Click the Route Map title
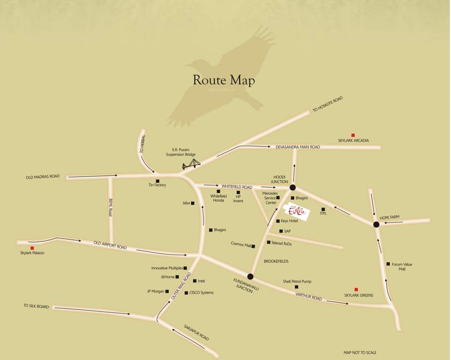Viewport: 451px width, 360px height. (224, 80)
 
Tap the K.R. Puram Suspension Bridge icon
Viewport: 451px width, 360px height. (191, 164)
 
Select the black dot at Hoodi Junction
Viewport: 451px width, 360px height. (293, 187)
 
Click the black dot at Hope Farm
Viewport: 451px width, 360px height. (376, 225)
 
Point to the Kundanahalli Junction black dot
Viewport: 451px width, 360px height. (250, 277)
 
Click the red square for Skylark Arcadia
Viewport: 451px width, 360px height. (353, 135)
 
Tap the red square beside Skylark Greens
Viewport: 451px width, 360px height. (356, 290)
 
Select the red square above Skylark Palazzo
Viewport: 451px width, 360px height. (32, 248)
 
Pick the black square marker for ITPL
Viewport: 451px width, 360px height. (323, 209)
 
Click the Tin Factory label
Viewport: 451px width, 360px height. (157, 185)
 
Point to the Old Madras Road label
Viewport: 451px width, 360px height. (43, 177)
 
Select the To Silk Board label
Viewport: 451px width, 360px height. (36, 306)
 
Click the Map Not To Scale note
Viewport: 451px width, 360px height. (360, 352)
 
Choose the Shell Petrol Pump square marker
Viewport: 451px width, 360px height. (296, 287)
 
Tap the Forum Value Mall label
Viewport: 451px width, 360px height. (402, 267)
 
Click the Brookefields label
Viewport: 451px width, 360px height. (276, 261)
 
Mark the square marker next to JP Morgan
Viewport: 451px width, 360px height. (167, 291)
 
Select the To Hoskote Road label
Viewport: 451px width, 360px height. (328, 104)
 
